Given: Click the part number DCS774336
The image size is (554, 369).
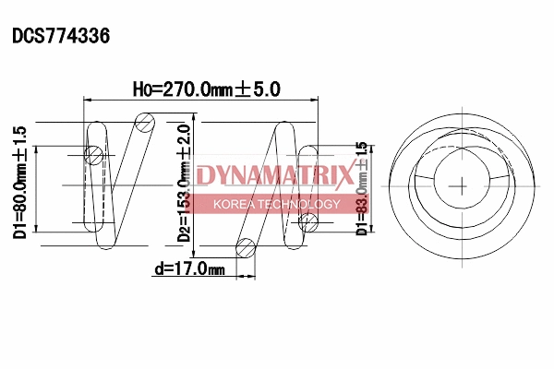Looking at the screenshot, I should point(61,37).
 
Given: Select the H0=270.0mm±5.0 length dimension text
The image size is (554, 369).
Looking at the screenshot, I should point(206,89).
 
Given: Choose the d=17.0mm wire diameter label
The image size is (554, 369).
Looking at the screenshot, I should point(188,269).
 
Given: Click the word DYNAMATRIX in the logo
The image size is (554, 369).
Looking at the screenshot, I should point(274,174).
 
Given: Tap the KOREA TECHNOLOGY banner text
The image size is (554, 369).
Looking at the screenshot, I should point(277,204).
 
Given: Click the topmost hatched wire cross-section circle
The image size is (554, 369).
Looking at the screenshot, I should point(144,120).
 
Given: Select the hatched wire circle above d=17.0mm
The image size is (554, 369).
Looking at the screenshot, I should point(246,247).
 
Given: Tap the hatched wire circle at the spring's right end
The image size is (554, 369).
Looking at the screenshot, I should point(308,220).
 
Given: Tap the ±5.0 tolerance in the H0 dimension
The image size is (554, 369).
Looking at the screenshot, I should point(261,89).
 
